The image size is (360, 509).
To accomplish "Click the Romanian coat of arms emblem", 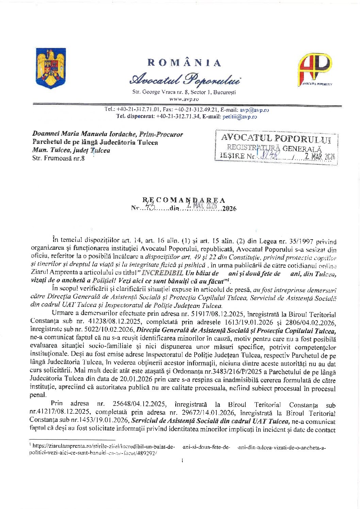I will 51,68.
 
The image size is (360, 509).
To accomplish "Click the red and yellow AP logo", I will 315,69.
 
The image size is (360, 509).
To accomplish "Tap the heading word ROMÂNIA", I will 184,63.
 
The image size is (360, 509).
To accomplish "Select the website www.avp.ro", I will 184,99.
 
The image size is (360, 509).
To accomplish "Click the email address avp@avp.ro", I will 254,110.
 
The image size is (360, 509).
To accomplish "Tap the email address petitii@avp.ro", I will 240,117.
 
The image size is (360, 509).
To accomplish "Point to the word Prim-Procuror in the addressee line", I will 161,134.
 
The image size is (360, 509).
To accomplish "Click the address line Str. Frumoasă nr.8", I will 59,158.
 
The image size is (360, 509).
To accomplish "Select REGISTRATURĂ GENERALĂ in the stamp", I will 274,148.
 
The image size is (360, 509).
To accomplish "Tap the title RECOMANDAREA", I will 184,200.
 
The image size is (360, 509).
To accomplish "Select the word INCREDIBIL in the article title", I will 162,273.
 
